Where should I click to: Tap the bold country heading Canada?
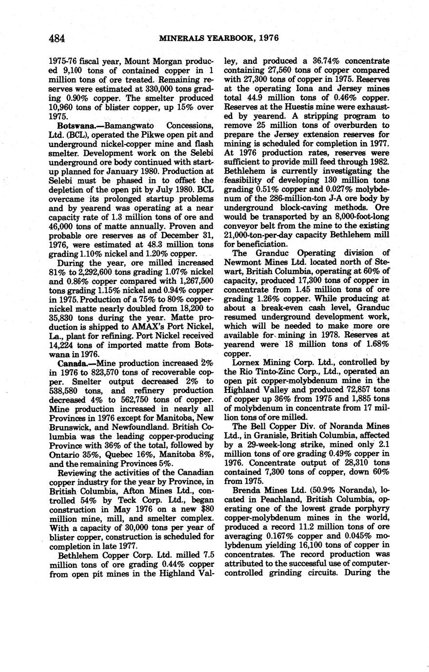[x=73, y=364]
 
